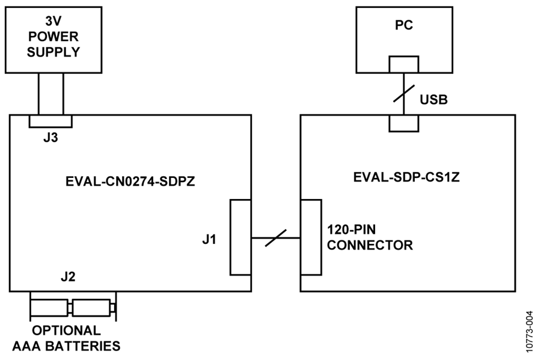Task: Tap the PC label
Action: point(404,25)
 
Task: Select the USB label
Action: point(433,100)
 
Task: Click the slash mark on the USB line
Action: point(404,93)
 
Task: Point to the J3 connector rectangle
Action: point(50,121)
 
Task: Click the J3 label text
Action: point(50,138)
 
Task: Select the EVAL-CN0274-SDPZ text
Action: point(130,182)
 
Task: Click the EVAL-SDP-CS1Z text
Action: point(406,177)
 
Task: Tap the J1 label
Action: point(209,239)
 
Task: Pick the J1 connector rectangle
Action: point(240,237)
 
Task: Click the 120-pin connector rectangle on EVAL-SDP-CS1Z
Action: point(311,237)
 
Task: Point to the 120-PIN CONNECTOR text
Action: point(370,237)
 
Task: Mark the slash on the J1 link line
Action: point(276,238)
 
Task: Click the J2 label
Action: point(68,276)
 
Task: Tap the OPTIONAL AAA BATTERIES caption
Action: point(66,338)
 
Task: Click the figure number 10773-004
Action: point(530,332)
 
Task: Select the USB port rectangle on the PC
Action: point(404,64)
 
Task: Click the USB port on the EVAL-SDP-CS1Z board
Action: point(404,123)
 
